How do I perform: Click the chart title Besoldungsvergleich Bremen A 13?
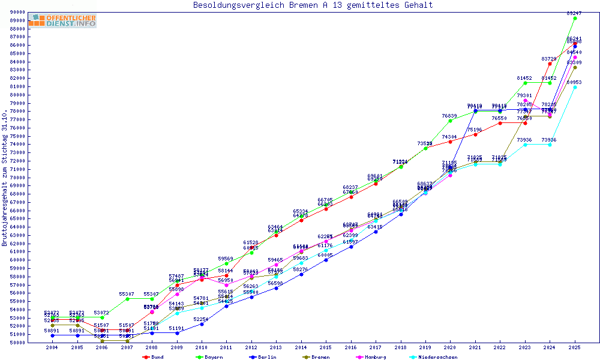[x=313, y=5]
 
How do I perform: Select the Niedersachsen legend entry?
[x=433, y=357]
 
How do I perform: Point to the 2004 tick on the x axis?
[x=52, y=347]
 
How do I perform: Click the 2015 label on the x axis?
[x=326, y=347]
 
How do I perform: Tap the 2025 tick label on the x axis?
[x=575, y=347]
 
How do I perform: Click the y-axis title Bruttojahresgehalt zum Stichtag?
[x=5, y=178]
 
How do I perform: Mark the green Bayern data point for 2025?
[x=575, y=18]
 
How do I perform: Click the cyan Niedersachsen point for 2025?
[x=575, y=87]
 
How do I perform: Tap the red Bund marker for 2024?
[x=550, y=64]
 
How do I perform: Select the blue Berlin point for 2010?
[x=202, y=324]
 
